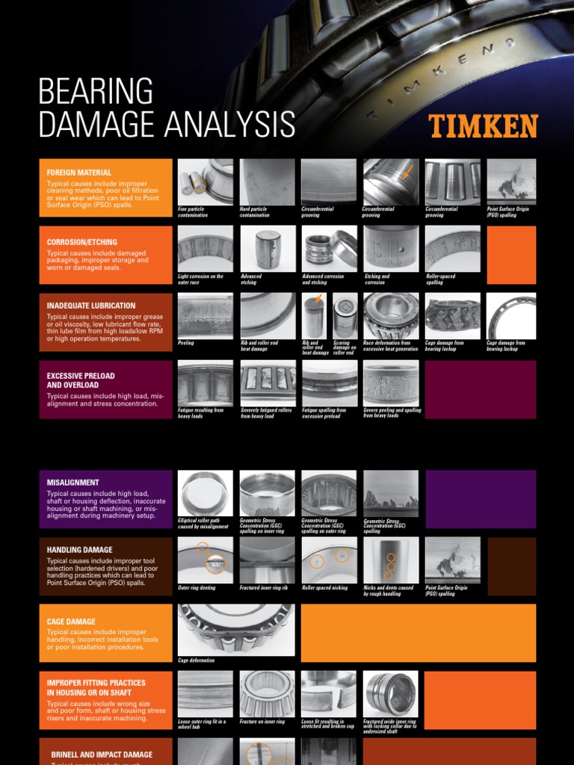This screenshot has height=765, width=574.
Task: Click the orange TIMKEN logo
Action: [x=483, y=126]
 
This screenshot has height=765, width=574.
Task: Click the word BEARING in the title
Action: [x=95, y=91]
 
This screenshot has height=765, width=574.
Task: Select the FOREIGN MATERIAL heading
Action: [x=79, y=173]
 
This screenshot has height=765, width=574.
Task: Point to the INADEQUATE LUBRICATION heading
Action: [x=91, y=306]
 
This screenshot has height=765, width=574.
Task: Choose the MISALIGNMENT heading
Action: [x=73, y=483]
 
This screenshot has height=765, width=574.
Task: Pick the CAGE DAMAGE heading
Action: [x=71, y=622]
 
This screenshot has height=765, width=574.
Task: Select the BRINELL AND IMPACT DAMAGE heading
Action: [x=102, y=755]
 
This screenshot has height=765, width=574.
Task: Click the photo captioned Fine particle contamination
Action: [x=205, y=182]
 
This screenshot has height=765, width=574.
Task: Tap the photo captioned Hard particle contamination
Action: [x=267, y=182]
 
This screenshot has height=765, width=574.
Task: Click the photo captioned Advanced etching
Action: [x=267, y=249]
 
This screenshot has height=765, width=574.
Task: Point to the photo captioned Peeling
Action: [x=205, y=315]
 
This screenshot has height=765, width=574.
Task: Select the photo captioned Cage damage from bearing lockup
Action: [x=511, y=315]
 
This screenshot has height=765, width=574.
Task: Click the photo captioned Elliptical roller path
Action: [x=205, y=492]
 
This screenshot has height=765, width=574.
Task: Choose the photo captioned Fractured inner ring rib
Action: [x=267, y=560]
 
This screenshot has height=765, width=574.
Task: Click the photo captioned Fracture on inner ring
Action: [x=267, y=693]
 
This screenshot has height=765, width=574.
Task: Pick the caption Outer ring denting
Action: [x=197, y=588]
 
